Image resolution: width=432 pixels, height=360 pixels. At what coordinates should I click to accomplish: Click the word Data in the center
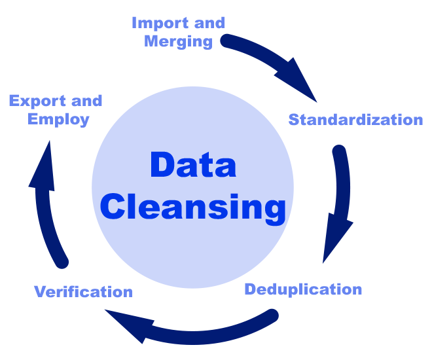[x=192, y=165]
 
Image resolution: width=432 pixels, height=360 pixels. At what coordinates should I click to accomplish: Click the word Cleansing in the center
[x=193, y=207]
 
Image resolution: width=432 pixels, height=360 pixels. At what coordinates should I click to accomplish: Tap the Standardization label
[x=355, y=120]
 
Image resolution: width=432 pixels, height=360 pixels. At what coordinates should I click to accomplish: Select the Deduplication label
[x=303, y=289]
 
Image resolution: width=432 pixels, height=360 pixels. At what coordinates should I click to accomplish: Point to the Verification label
[x=83, y=291]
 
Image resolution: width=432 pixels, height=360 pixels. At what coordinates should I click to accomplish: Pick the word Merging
[x=178, y=42]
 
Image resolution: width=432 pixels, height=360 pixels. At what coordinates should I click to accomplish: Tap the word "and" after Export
[x=86, y=101]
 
